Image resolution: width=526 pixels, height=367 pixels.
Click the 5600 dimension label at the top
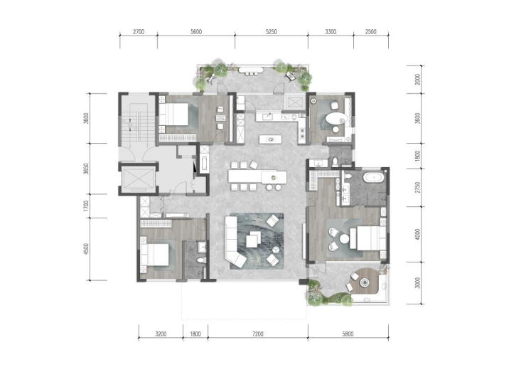196,32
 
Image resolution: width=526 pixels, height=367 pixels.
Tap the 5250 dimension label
272,32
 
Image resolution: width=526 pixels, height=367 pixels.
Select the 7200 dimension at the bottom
257,334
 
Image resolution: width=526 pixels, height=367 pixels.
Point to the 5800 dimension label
348,334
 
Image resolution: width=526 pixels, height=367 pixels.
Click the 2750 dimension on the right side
417,187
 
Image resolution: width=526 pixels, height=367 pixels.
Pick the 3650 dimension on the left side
86,169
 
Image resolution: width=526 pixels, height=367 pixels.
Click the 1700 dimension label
86,206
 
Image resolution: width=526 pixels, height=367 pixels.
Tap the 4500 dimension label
86,249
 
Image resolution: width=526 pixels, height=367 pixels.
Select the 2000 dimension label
417,80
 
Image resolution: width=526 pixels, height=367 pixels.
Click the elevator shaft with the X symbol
138,179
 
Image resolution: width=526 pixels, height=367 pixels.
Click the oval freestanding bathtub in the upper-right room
336,119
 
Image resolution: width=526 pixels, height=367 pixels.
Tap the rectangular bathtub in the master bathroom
374,177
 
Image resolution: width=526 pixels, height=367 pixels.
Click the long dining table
257,177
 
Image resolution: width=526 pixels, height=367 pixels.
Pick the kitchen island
270,139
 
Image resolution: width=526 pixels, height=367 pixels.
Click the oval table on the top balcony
251,70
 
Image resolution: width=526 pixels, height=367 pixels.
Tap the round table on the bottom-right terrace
365,283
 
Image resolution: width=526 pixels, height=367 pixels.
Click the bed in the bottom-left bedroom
155,255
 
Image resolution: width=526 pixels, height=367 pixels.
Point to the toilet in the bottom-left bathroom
201,260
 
